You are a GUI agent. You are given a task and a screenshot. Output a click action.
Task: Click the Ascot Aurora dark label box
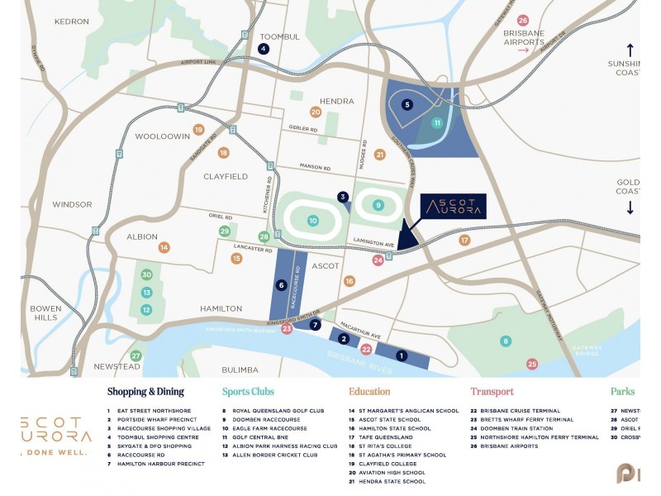453,207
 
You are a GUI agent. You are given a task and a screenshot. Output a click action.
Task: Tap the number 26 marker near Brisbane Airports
523,21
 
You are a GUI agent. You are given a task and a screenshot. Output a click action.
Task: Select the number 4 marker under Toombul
264,49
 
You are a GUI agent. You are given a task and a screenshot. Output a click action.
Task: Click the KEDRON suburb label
72,21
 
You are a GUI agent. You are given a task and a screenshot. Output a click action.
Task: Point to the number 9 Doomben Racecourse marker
378,205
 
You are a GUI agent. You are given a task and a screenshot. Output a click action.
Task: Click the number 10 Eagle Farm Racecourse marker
312,221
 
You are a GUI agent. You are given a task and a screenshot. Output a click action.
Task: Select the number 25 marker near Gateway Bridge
532,364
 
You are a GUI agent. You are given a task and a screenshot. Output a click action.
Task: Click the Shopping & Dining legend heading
145,392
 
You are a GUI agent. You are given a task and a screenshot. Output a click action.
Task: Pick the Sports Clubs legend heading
248,392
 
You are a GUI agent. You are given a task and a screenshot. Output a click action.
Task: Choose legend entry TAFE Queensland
385,437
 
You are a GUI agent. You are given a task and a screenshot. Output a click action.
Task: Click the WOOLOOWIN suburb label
163,136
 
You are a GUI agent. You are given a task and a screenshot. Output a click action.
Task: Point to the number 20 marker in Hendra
316,112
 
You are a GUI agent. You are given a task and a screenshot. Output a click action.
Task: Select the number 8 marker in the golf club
506,341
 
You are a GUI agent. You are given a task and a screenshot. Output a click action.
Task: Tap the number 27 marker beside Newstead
136,356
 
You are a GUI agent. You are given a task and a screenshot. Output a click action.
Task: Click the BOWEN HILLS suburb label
45,312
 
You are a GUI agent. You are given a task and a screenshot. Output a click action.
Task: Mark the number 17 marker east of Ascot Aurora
464,241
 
